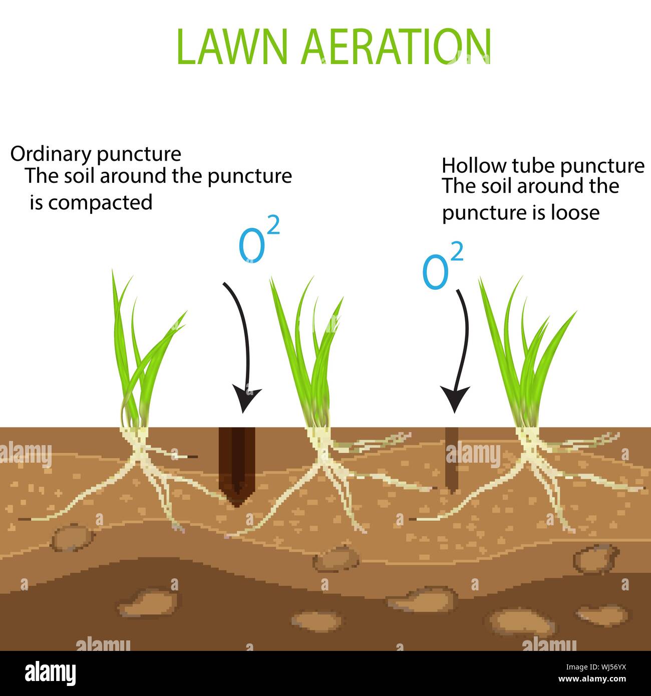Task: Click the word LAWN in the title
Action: coord(232,47)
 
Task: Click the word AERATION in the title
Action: coord(396,47)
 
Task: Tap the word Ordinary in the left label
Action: coord(52,154)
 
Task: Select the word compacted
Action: coord(100,203)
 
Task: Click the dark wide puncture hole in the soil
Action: coord(237,466)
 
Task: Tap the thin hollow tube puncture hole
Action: coord(452,460)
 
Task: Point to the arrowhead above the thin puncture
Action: coord(455,399)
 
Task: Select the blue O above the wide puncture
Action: coord(251,247)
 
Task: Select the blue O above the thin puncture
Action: coord(435,272)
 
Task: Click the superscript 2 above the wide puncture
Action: coord(273,225)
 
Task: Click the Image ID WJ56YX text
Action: coord(596,667)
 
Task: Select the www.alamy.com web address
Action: coord(592,679)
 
